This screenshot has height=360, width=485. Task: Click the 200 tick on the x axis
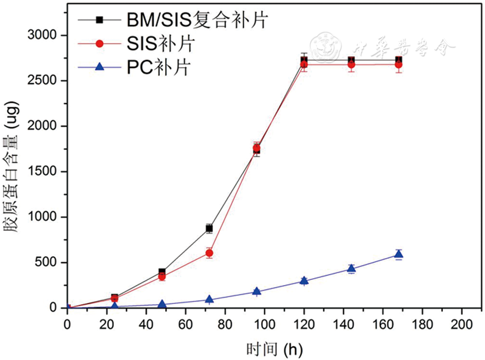(x=461, y=323)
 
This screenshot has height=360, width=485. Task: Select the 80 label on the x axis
(x=224, y=323)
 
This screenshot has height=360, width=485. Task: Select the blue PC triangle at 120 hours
(x=304, y=280)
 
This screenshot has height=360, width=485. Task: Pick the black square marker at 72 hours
(x=209, y=228)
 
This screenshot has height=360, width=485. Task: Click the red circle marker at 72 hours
(x=209, y=253)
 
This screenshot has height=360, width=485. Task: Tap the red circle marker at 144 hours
(x=351, y=65)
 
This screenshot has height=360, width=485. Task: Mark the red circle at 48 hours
(x=162, y=277)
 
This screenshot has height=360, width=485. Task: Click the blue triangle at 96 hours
(x=257, y=291)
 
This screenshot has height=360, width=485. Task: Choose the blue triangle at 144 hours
(x=351, y=268)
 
